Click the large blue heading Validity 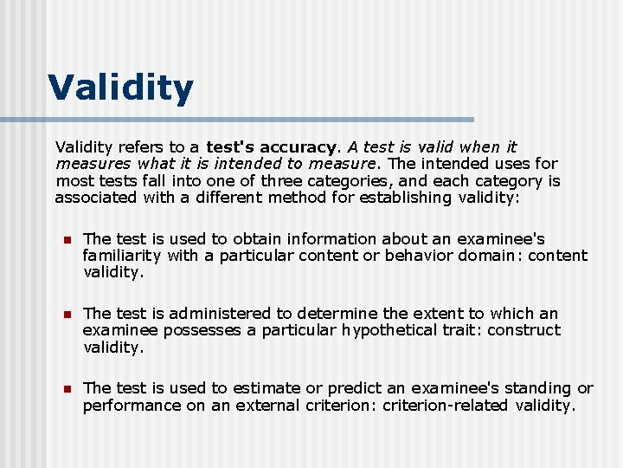click(x=120, y=88)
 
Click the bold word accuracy click(x=297, y=147)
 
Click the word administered click(x=220, y=313)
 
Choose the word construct click(x=527, y=330)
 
